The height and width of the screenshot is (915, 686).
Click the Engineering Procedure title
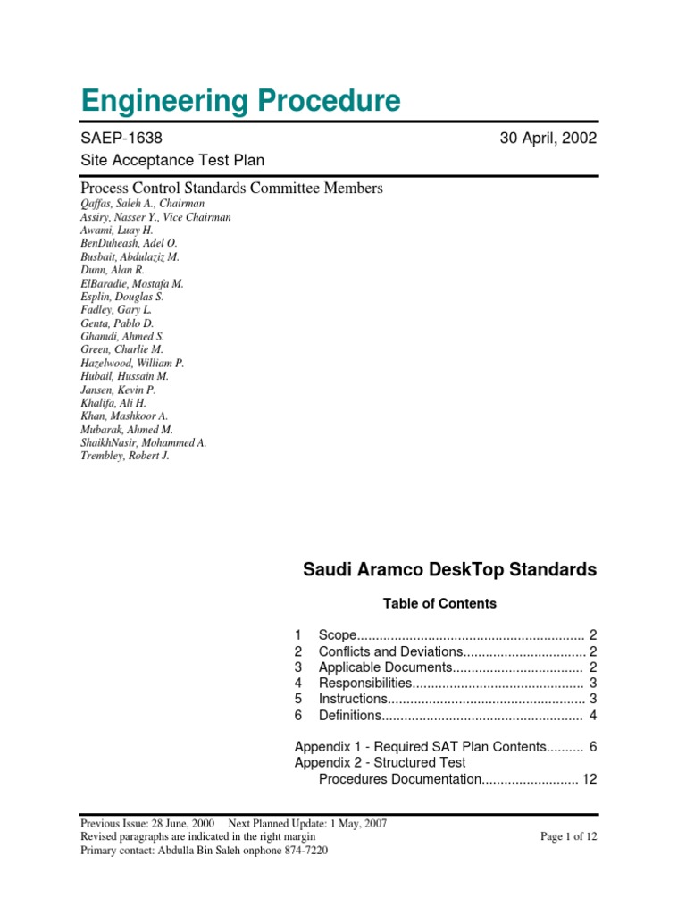[x=240, y=100]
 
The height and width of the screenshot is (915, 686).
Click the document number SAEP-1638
[x=121, y=138]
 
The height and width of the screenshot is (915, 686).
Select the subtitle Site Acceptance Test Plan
[x=172, y=160]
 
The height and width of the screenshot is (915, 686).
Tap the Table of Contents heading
[x=439, y=603]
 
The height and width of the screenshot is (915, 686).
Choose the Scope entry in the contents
[x=339, y=634]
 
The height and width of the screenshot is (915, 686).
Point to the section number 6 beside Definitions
[x=298, y=715]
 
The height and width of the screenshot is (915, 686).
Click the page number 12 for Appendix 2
[x=589, y=779]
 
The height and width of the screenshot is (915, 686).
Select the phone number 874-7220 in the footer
[x=305, y=850]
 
